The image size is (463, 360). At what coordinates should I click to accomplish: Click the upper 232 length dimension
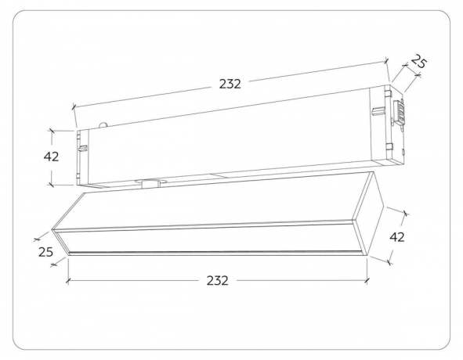pos(230,83)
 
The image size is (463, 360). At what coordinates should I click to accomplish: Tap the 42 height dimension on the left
pos(51,156)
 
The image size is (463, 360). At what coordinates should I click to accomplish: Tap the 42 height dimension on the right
pos(397,236)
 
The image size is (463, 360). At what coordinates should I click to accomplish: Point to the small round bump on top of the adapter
pos(103,124)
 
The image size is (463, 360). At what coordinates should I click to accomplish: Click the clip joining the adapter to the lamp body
pos(147,184)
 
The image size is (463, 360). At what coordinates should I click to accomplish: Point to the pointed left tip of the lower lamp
pos(53,232)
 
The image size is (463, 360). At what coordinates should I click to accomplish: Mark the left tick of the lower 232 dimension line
pos(67,279)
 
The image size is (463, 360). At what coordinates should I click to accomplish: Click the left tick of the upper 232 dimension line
pos(73,107)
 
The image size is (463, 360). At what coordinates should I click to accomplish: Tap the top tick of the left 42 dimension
pos(51,128)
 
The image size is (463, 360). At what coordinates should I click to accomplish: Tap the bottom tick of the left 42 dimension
pos(51,185)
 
